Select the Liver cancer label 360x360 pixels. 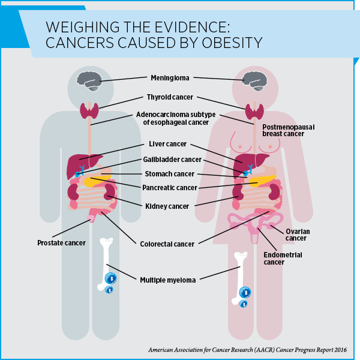[x=167, y=145]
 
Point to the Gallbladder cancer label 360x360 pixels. [x=172, y=160]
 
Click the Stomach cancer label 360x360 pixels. [x=169, y=174]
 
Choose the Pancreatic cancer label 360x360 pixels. [x=170, y=188]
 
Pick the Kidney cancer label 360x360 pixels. [x=167, y=206]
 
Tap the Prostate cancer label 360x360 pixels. [x=61, y=243]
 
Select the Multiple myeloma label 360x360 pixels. [x=167, y=280]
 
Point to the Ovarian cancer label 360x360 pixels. [x=295, y=235]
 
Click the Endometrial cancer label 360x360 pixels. [x=283, y=259]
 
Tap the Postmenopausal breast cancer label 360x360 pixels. [x=289, y=131]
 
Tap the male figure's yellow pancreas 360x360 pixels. [x=96, y=181]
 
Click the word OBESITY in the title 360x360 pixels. [x=230, y=43]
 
